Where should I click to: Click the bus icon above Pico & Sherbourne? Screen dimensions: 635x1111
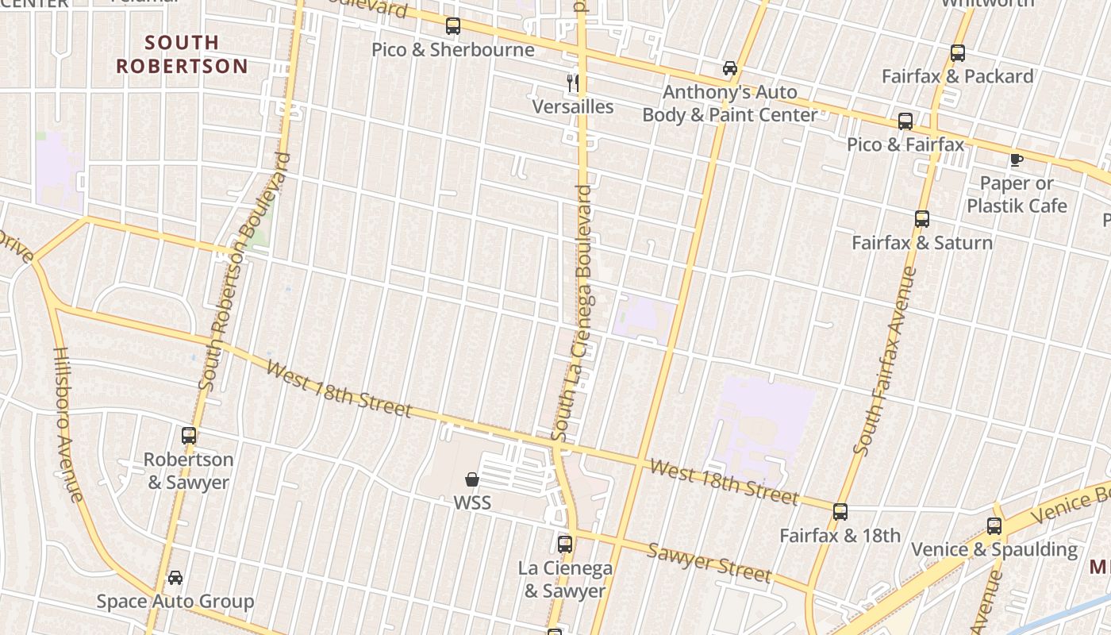(453, 26)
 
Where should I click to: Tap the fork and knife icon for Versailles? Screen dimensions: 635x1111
(572, 82)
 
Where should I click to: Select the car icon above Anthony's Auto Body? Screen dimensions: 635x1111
(730, 68)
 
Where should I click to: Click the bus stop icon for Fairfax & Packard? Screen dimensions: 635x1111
(958, 53)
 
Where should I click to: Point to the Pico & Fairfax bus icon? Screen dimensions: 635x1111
(905, 121)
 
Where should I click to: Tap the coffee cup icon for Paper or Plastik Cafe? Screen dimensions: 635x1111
(1016, 160)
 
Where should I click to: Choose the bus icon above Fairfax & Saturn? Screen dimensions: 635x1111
(921, 219)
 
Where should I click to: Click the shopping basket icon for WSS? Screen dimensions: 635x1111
(472, 479)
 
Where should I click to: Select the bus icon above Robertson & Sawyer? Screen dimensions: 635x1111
(189, 436)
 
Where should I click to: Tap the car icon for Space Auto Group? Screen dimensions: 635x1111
(175, 578)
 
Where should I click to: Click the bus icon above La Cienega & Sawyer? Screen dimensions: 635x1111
(565, 545)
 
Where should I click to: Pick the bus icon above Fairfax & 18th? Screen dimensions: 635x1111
(840, 512)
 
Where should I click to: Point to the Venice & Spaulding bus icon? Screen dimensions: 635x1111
(994, 525)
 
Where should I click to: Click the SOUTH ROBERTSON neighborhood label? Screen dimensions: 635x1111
(182, 54)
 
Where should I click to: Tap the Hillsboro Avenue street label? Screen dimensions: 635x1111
(68, 425)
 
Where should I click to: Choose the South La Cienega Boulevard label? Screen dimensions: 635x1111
(573, 314)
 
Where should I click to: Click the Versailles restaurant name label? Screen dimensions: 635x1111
(572, 106)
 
